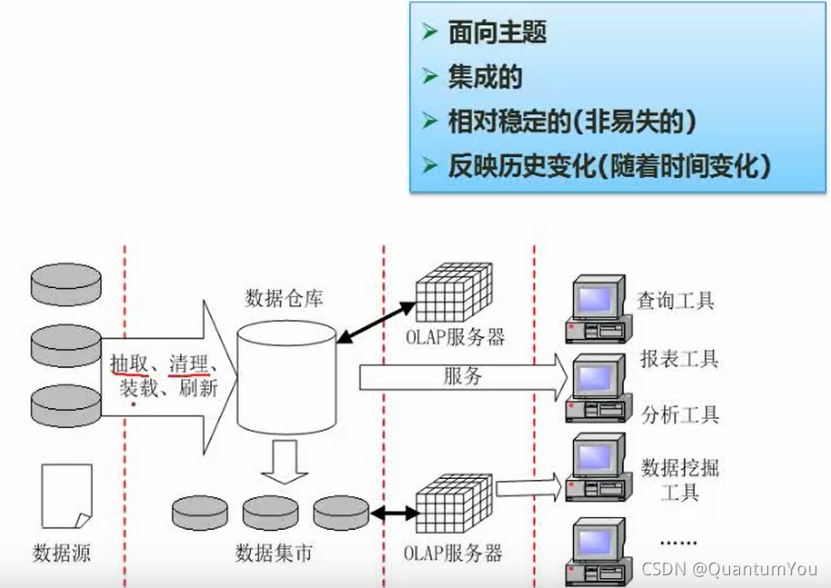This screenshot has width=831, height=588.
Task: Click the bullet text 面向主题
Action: (496, 34)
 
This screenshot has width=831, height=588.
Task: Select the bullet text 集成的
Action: (485, 77)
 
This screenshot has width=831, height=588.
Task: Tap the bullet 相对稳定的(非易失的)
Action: (565, 121)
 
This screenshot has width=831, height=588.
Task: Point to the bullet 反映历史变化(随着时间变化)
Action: (609, 164)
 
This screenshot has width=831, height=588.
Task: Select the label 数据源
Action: (62, 552)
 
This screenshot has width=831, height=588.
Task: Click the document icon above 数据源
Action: (66, 497)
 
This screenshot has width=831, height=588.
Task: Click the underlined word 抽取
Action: (127, 363)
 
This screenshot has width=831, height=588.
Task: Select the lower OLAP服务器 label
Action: (454, 552)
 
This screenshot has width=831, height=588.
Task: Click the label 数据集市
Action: (274, 552)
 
